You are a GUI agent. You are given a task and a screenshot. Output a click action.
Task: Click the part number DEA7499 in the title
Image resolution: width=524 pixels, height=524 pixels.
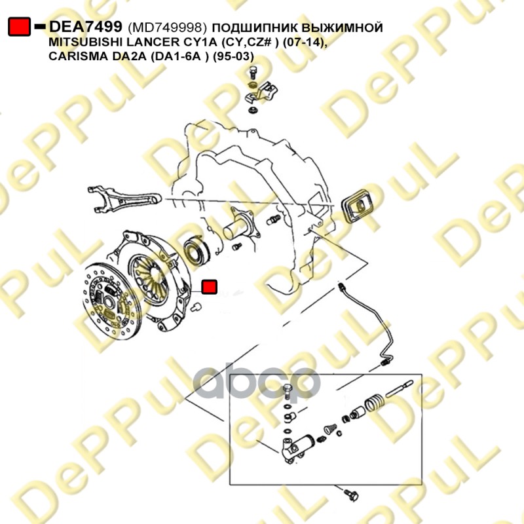(86, 27)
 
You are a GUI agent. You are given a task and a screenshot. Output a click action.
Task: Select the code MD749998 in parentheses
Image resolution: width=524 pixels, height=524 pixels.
(165, 28)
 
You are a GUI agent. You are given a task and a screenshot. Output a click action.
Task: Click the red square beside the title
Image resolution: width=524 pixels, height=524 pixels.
(19, 27)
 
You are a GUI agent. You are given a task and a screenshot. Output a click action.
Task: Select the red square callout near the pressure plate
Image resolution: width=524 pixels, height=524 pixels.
(210, 288)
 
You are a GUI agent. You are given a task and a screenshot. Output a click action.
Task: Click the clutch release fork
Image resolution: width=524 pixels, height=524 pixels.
(124, 199)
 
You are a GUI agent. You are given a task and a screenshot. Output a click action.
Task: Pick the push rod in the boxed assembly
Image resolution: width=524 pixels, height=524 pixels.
(400, 388)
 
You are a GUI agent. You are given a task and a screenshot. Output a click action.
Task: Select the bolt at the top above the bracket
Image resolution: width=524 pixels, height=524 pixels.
(253, 73)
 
